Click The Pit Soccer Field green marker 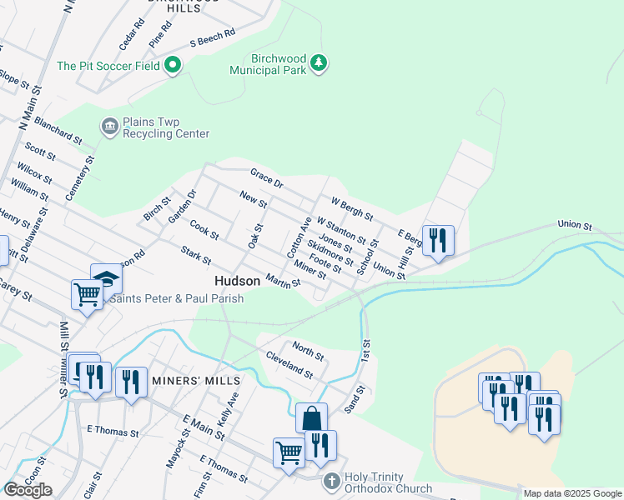click(x=173, y=64)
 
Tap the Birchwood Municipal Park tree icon click(x=318, y=62)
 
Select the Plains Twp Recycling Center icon click(x=109, y=127)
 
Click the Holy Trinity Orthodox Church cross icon click(x=331, y=481)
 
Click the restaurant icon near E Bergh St click(x=438, y=241)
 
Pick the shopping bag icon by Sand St click(x=311, y=417)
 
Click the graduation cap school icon click(x=107, y=277)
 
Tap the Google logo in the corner click(x=28, y=490)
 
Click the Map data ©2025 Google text click(x=572, y=493)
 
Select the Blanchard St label click(x=58, y=133)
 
